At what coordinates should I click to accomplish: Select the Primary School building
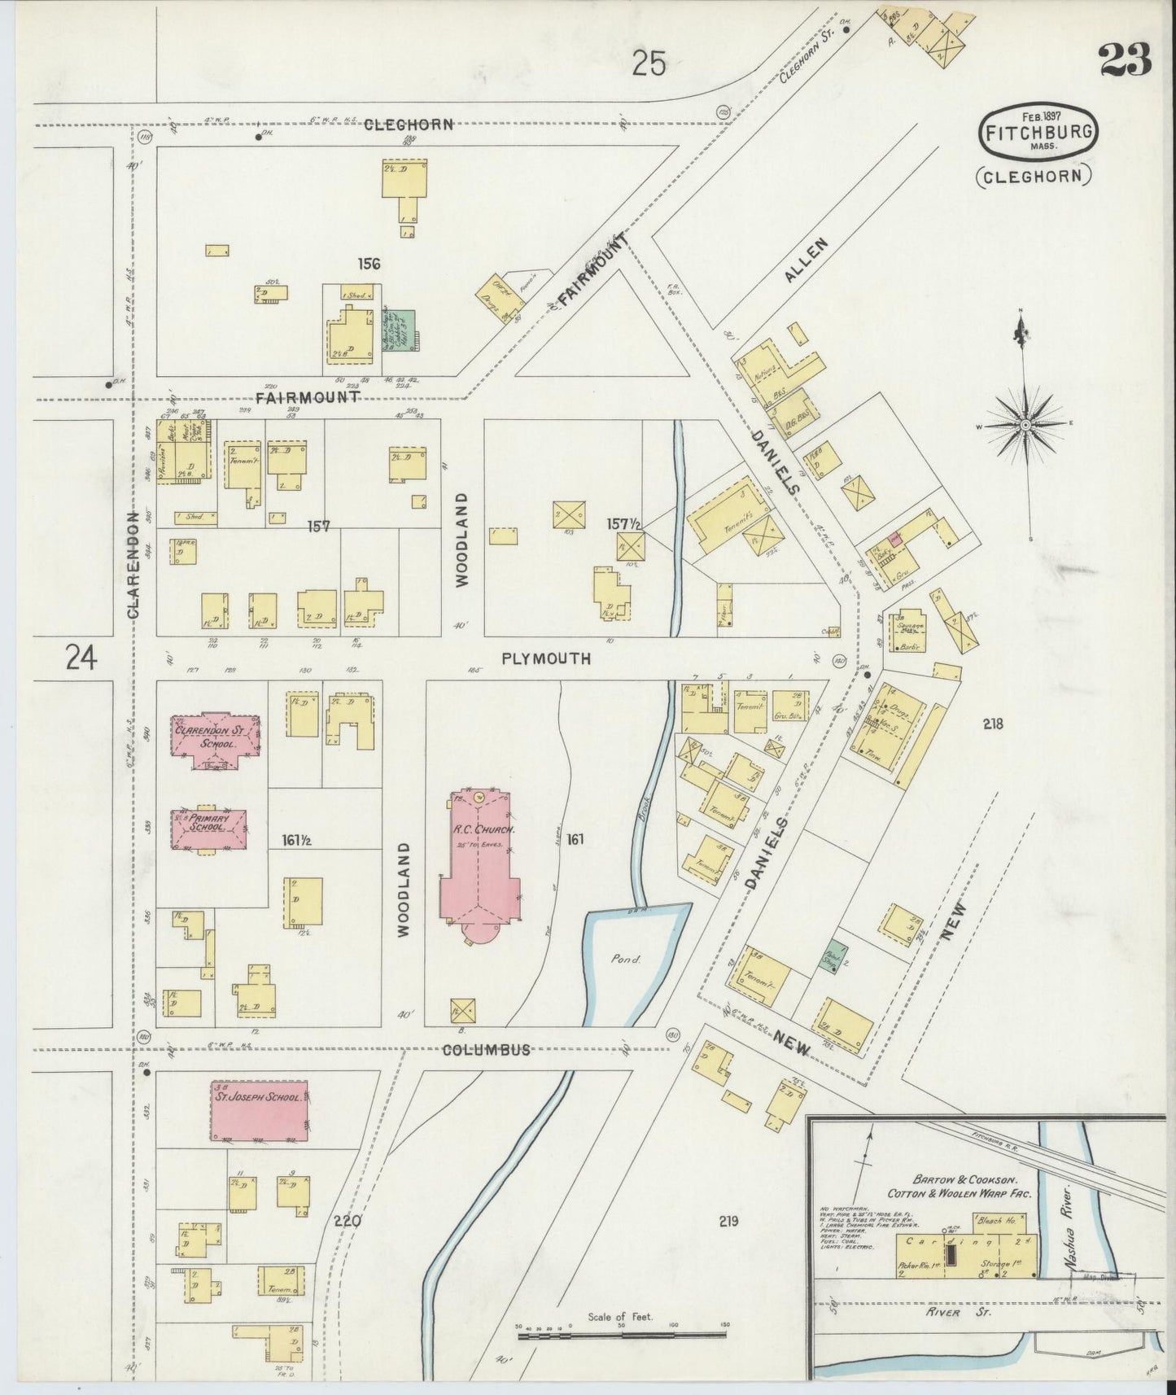click(x=209, y=829)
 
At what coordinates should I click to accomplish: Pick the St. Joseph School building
click(x=260, y=1112)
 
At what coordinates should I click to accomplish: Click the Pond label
click(x=627, y=959)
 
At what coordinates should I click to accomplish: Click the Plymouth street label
click(x=546, y=658)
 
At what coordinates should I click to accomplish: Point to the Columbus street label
click(x=486, y=1050)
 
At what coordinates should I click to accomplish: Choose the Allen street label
click(x=807, y=260)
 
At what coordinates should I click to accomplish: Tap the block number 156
click(x=368, y=263)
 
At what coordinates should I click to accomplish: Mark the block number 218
click(x=993, y=724)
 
